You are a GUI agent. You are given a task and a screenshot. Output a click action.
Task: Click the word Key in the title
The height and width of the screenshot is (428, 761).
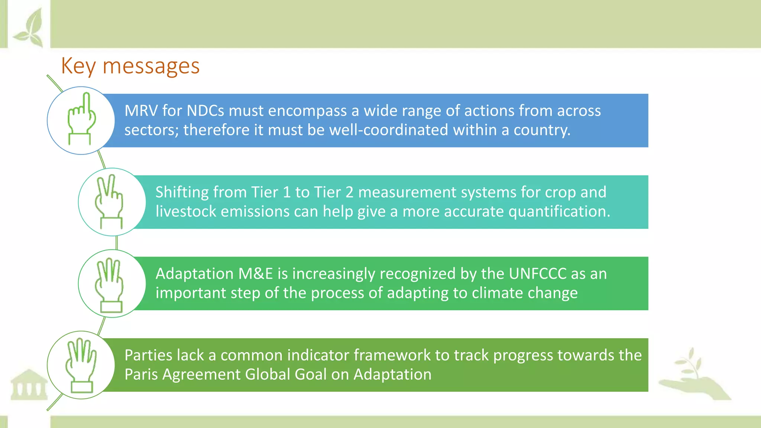[x=78, y=66]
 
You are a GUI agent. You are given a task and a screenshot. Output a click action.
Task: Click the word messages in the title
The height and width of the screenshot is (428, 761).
[x=151, y=66]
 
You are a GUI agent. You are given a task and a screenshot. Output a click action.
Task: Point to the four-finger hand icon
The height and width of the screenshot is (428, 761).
[x=81, y=365]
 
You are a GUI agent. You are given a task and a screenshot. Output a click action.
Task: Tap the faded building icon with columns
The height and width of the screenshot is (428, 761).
[x=29, y=385]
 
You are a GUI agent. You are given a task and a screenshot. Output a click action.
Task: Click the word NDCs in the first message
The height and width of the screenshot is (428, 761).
[x=205, y=111]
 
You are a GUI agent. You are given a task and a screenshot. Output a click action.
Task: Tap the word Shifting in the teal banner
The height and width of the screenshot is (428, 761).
[x=182, y=192]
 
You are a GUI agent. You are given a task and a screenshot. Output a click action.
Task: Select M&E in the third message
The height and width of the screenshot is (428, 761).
[x=255, y=274]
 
